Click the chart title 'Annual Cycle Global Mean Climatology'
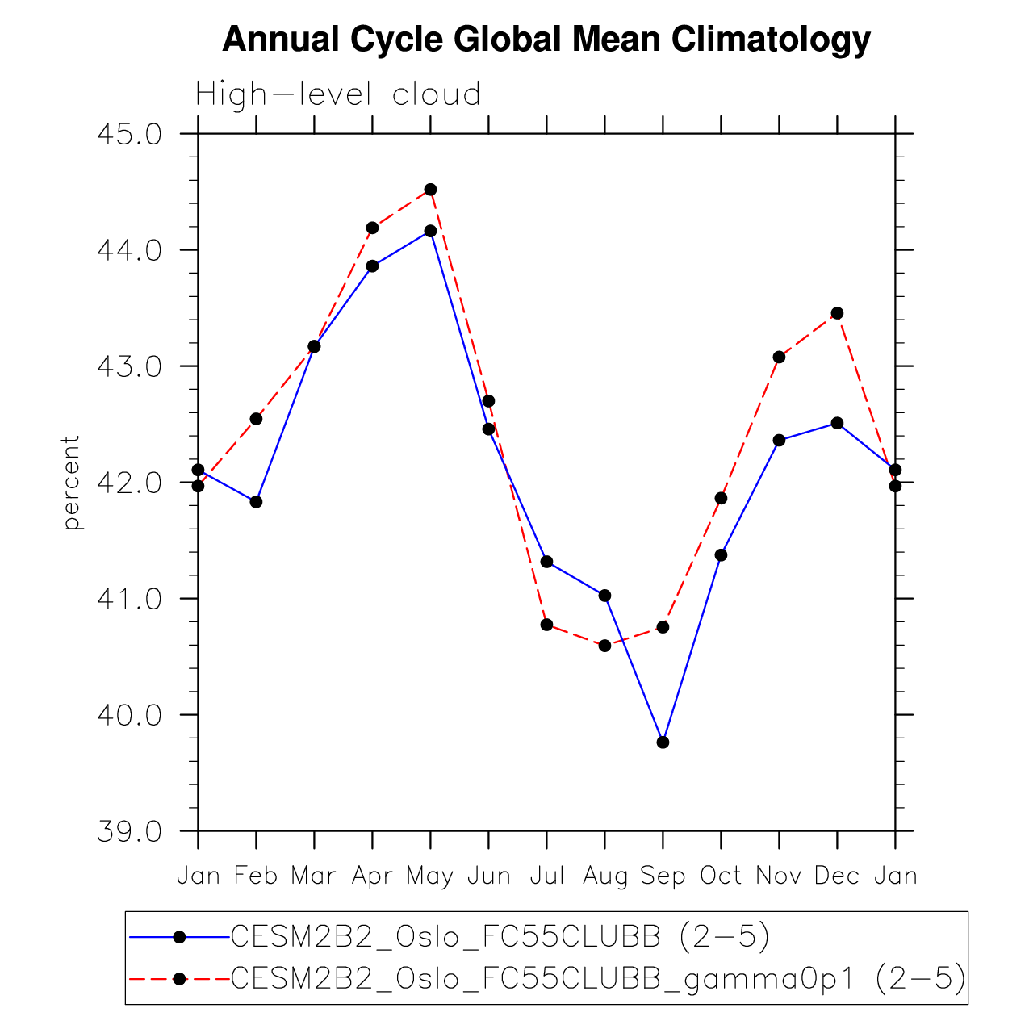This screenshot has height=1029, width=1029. [x=546, y=39]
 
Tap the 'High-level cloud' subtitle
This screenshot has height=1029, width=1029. [x=338, y=94]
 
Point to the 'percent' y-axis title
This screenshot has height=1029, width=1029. [x=73, y=483]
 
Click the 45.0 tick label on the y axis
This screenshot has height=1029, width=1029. [x=129, y=134]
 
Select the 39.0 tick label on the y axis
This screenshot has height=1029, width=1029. [x=129, y=831]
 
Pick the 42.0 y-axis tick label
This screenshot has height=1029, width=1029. [x=129, y=483]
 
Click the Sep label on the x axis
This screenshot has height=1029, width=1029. [x=663, y=876]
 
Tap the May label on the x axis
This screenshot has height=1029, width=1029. [x=430, y=876]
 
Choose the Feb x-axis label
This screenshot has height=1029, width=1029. [x=256, y=876]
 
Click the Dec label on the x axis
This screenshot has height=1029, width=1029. [x=837, y=876]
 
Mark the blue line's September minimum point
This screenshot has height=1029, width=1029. [x=663, y=742]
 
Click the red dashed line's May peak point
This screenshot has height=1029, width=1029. [x=430, y=190]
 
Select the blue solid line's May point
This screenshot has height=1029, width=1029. [x=430, y=231]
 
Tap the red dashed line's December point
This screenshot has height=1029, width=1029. [x=837, y=313]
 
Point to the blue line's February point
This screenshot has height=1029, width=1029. [x=256, y=502]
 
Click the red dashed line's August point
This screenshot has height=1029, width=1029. [x=604, y=646]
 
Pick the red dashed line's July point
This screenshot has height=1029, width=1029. [x=546, y=625]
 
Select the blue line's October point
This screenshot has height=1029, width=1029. [x=721, y=555]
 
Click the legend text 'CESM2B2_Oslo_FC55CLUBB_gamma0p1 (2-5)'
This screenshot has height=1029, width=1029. [x=598, y=978]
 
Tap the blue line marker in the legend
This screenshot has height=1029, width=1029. [x=179, y=937]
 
